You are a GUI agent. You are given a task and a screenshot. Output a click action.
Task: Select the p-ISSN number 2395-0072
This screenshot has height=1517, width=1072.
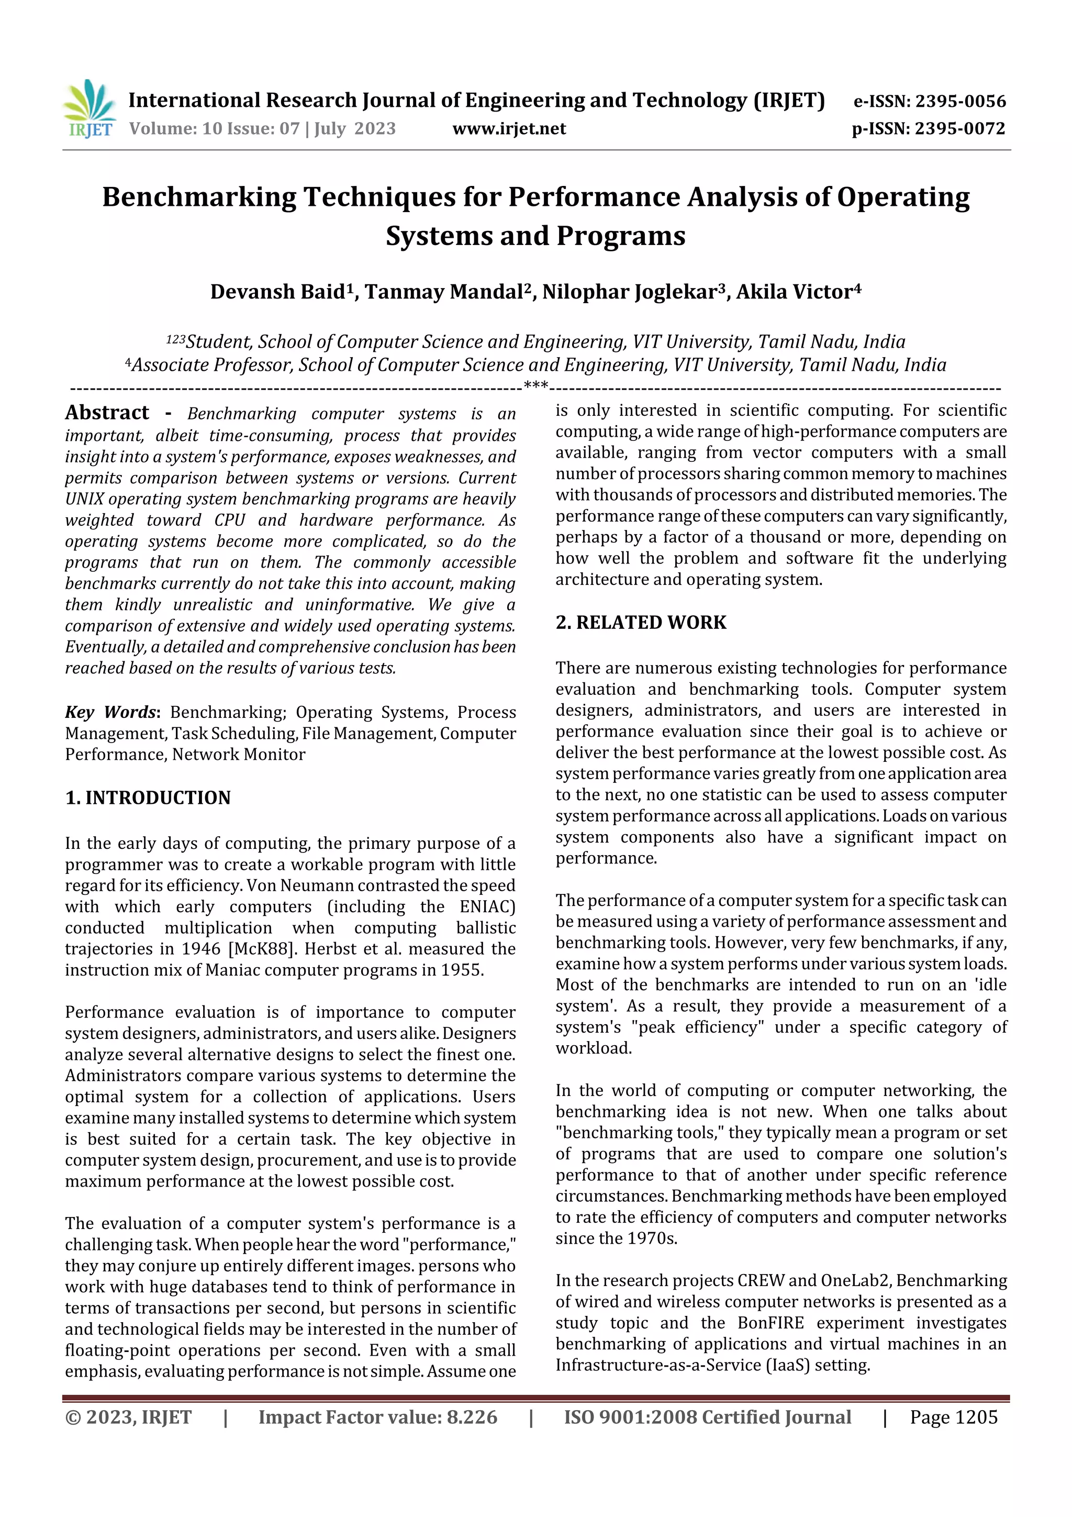[x=959, y=128]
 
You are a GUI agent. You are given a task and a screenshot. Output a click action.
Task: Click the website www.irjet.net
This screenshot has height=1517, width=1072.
[x=509, y=128]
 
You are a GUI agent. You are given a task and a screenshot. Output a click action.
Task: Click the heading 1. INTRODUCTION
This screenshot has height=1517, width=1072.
[x=148, y=798]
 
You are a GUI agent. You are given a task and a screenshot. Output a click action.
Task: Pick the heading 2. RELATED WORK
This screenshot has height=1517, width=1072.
[x=641, y=623]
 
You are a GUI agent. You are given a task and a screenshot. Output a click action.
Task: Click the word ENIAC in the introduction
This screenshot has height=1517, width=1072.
[x=487, y=906]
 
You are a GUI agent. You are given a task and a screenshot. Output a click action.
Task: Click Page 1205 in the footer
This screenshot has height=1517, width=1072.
[x=953, y=1417]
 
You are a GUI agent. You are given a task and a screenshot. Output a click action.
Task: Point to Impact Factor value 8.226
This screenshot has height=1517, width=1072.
[x=377, y=1417]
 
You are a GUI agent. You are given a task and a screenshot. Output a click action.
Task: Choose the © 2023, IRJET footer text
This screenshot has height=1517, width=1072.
[x=128, y=1417]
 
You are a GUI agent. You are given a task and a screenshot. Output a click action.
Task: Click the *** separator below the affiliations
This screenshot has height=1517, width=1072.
[x=535, y=385]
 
